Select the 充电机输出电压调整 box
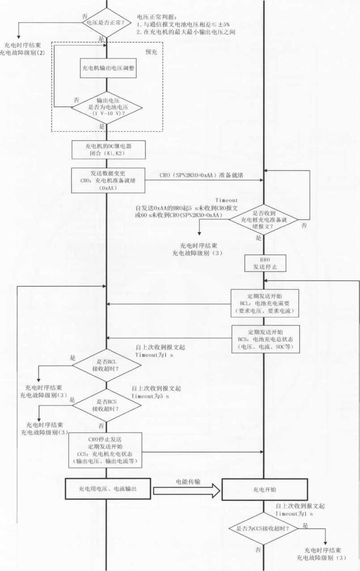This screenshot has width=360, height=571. coord(108,68)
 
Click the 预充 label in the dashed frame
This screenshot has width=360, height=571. coord(152,51)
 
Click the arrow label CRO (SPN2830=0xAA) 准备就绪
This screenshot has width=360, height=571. coord(201,175)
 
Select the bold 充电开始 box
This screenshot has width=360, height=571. coord(265,490)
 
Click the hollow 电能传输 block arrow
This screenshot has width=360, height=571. coord(187,490)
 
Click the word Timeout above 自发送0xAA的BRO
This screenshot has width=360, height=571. coord(226,200)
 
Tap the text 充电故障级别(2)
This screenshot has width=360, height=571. coord(28,52)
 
